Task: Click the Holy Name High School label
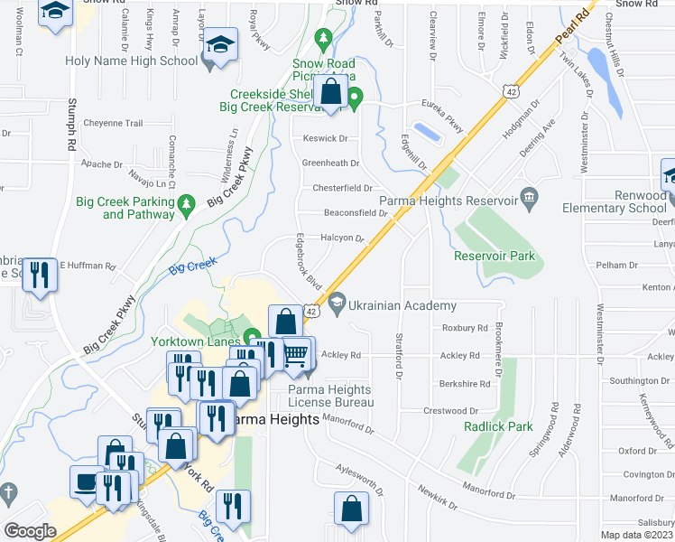point(131,61)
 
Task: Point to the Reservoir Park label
point(495,256)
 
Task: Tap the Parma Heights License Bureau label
point(329,396)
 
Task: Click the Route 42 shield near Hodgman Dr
point(511,90)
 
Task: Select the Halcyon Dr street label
point(341,238)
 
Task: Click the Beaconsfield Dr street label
point(355,213)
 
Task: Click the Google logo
point(30,530)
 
